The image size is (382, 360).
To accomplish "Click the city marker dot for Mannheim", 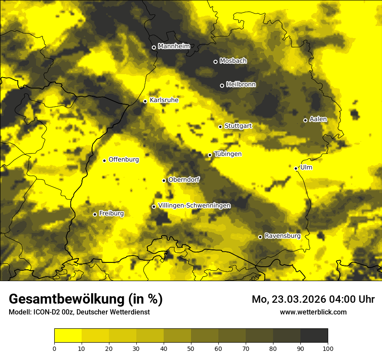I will pos(154,48).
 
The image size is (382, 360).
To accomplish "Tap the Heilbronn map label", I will pos(241,85).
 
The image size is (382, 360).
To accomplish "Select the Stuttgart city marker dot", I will pos(220,127).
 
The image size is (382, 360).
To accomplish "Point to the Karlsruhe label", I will pos(164,100).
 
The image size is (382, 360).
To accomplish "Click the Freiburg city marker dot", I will pos(95,214).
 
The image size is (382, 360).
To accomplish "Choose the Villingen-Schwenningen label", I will pos(194,206).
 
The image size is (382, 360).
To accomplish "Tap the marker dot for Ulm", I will pos(296,168).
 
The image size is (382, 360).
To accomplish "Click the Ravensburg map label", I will pos(283,236).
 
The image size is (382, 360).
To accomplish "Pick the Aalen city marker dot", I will pos(305,120).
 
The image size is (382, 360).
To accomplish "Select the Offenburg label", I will pos(124,160).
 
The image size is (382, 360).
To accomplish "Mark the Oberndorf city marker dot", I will pos(164,180).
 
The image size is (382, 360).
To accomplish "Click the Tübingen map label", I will pos(228,154).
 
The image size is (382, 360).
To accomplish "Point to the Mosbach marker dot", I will pos(215,62).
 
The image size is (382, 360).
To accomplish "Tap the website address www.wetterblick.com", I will pos(313,312).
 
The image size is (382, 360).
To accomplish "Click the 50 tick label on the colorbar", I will pos(191,348).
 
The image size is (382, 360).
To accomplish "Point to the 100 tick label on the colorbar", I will pos(327,348).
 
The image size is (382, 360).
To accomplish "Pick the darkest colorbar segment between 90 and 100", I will pos(314,335).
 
